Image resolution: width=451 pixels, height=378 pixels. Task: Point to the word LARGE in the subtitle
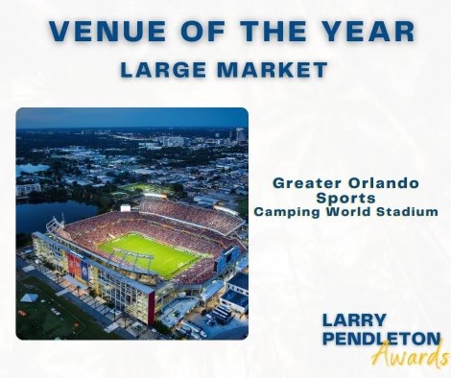click(x=163, y=70)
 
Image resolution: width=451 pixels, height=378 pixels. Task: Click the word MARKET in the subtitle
click(x=273, y=70)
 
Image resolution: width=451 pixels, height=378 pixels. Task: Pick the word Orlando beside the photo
click(x=383, y=183)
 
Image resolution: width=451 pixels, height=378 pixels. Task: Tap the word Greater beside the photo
click(x=307, y=183)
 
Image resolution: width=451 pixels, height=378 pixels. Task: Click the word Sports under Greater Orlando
click(x=345, y=199)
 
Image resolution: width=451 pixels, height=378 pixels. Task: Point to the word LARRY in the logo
click(x=354, y=320)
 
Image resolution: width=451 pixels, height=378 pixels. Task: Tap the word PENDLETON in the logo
click(x=381, y=339)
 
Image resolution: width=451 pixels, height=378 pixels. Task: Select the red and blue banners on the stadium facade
click(x=78, y=266)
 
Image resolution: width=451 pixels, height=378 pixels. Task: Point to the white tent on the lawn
click(x=30, y=297)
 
